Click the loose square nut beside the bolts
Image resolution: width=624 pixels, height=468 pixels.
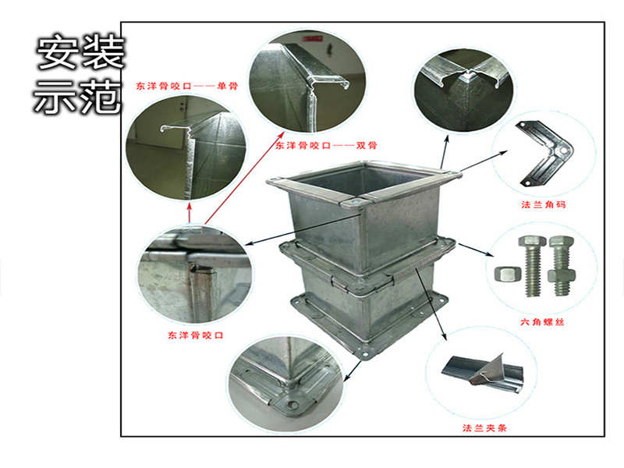click(x=505, y=274)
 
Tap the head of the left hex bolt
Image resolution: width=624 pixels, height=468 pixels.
click(x=534, y=243)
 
